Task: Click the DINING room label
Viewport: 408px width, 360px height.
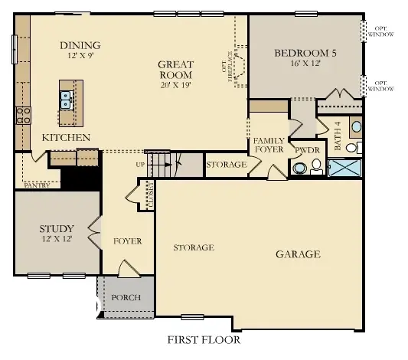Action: [80, 45]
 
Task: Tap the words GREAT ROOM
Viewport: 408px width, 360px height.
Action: [175, 70]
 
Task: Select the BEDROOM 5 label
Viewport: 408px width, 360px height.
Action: [305, 53]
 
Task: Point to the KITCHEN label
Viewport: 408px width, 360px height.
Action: [67, 137]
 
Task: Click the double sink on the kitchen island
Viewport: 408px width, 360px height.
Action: [67, 98]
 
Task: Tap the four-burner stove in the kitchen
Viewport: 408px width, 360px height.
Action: [23, 115]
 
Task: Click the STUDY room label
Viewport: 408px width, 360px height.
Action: [57, 228]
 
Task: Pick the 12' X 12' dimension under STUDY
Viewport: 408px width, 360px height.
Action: [57, 240]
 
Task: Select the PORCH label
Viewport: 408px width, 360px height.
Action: [126, 297]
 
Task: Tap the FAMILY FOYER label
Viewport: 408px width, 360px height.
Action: [269, 146]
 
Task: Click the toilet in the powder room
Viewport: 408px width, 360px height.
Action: [299, 166]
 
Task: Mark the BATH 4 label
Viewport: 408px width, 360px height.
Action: [338, 135]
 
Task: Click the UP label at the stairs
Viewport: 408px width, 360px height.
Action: [139, 164]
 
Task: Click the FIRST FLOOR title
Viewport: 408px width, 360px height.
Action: [204, 339]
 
